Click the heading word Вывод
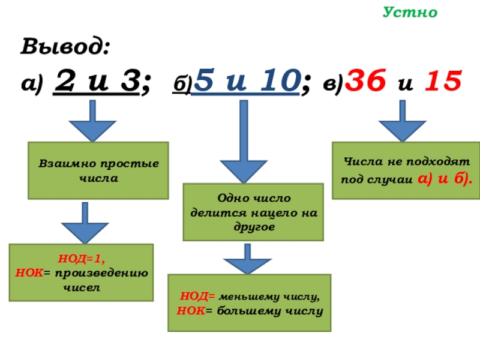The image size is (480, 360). click(x=66, y=46)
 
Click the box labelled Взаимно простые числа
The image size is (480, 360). click(x=98, y=170)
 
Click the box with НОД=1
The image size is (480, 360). click(x=81, y=272)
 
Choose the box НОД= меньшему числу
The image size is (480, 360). click(x=249, y=303)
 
